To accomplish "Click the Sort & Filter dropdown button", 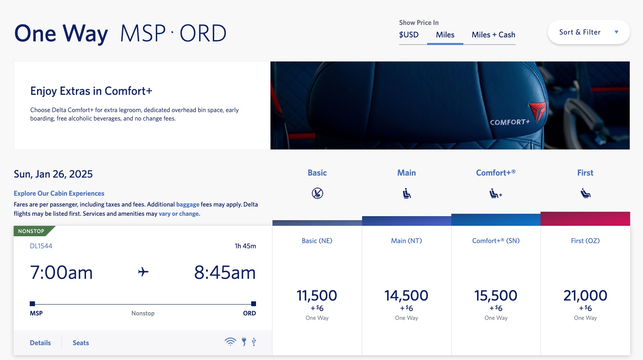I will [x=588, y=32].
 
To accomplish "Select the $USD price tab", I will [x=409, y=35].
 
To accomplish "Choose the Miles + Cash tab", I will [x=493, y=35].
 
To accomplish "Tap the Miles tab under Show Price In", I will [x=445, y=35].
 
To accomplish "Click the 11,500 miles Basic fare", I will [x=317, y=296].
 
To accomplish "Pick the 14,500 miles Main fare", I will [x=406, y=296].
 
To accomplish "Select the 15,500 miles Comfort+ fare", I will [x=496, y=296].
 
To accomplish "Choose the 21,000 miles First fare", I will [x=585, y=296].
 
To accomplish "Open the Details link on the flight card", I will [x=40, y=343].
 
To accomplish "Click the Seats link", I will [x=81, y=343].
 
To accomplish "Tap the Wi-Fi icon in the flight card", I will [x=230, y=342].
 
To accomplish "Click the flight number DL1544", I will [x=41, y=246].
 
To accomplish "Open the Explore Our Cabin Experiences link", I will [x=59, y=193].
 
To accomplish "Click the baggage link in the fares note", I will [x=188, y=205].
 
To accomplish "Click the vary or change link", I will [x=179, y=214].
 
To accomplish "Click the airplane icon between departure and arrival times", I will [x=143, y=272].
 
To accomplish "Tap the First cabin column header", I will [x=585, y=173].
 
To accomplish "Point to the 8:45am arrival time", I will [x=225, y=273].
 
